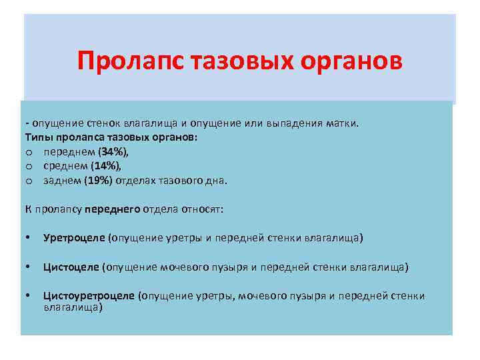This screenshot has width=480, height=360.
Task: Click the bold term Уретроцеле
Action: coord(74,237)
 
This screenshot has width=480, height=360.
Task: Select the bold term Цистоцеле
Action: coord(71,267)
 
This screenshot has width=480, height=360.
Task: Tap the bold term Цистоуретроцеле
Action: coord(89,296)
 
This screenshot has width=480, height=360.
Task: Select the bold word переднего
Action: coord(113,209)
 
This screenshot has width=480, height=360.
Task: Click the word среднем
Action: coord(65,166)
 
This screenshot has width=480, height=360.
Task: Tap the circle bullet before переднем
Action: coord(29,153)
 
